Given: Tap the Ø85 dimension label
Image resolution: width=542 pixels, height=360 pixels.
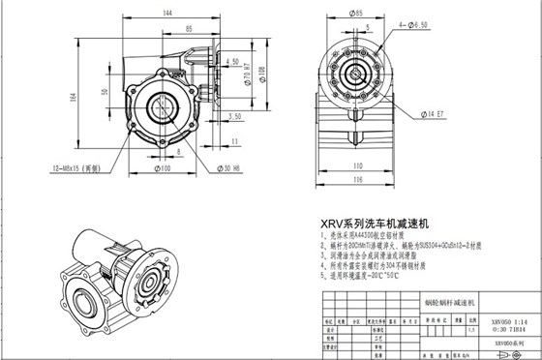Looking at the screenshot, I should click(356, 15).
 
